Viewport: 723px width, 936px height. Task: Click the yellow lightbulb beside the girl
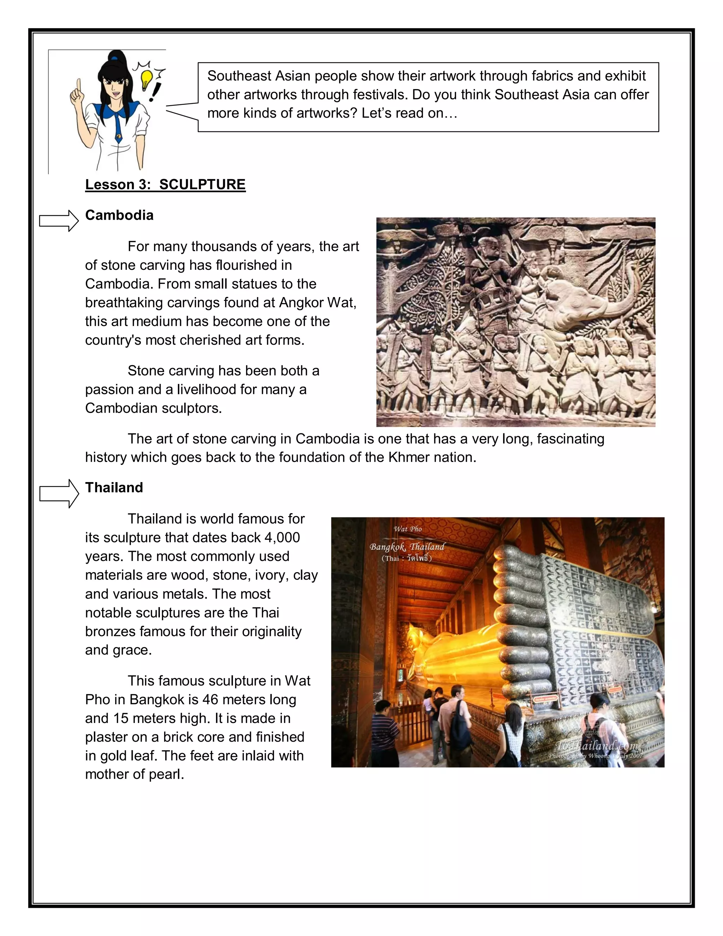(x=147, y=78)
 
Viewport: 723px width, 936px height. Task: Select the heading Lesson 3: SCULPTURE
(x=165, y=185)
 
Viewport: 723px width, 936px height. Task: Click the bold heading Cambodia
(x=119, y=215)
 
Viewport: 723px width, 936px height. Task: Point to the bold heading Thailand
(x=114, y=488)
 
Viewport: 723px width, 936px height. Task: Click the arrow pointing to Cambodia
(x=59, y=221)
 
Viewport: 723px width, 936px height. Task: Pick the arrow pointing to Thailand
(x=59, y=494)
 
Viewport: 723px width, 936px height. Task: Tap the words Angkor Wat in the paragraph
(x=317, y=303)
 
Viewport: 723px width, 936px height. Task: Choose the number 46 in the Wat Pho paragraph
(x=210, y=699)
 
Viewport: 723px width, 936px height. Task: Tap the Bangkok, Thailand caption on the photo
(x=407, y=547)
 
